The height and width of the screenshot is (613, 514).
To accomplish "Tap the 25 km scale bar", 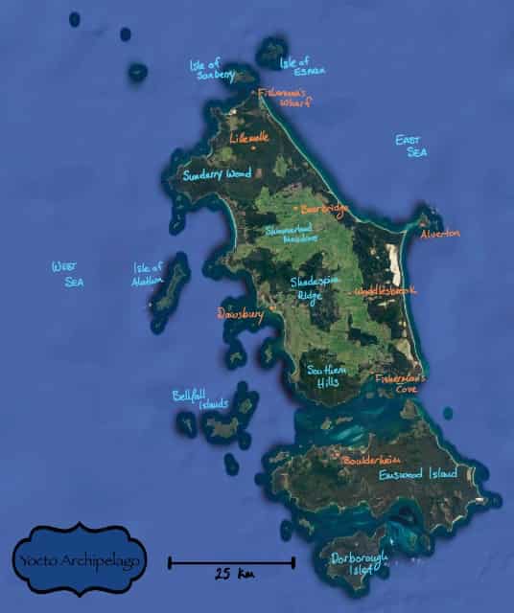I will [x=231, y=562].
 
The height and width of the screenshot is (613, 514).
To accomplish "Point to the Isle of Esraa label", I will [x=302, y=65].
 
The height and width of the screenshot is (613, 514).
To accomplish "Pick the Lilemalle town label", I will [x=249, y=138].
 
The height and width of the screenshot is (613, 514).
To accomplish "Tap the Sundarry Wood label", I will [x=217, y=174].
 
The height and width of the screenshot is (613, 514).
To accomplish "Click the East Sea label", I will [x=411, y=146].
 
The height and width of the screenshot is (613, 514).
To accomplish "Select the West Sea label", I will [x=68, y=275].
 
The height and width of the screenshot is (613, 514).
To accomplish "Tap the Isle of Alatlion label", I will [x=149, y=274].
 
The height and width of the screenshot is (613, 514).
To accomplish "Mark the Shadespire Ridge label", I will [x=313, y=288].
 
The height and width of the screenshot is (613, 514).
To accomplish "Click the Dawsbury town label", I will [x=239, y=313].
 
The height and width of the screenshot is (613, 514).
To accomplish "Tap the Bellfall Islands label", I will [x=199, y=398].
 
